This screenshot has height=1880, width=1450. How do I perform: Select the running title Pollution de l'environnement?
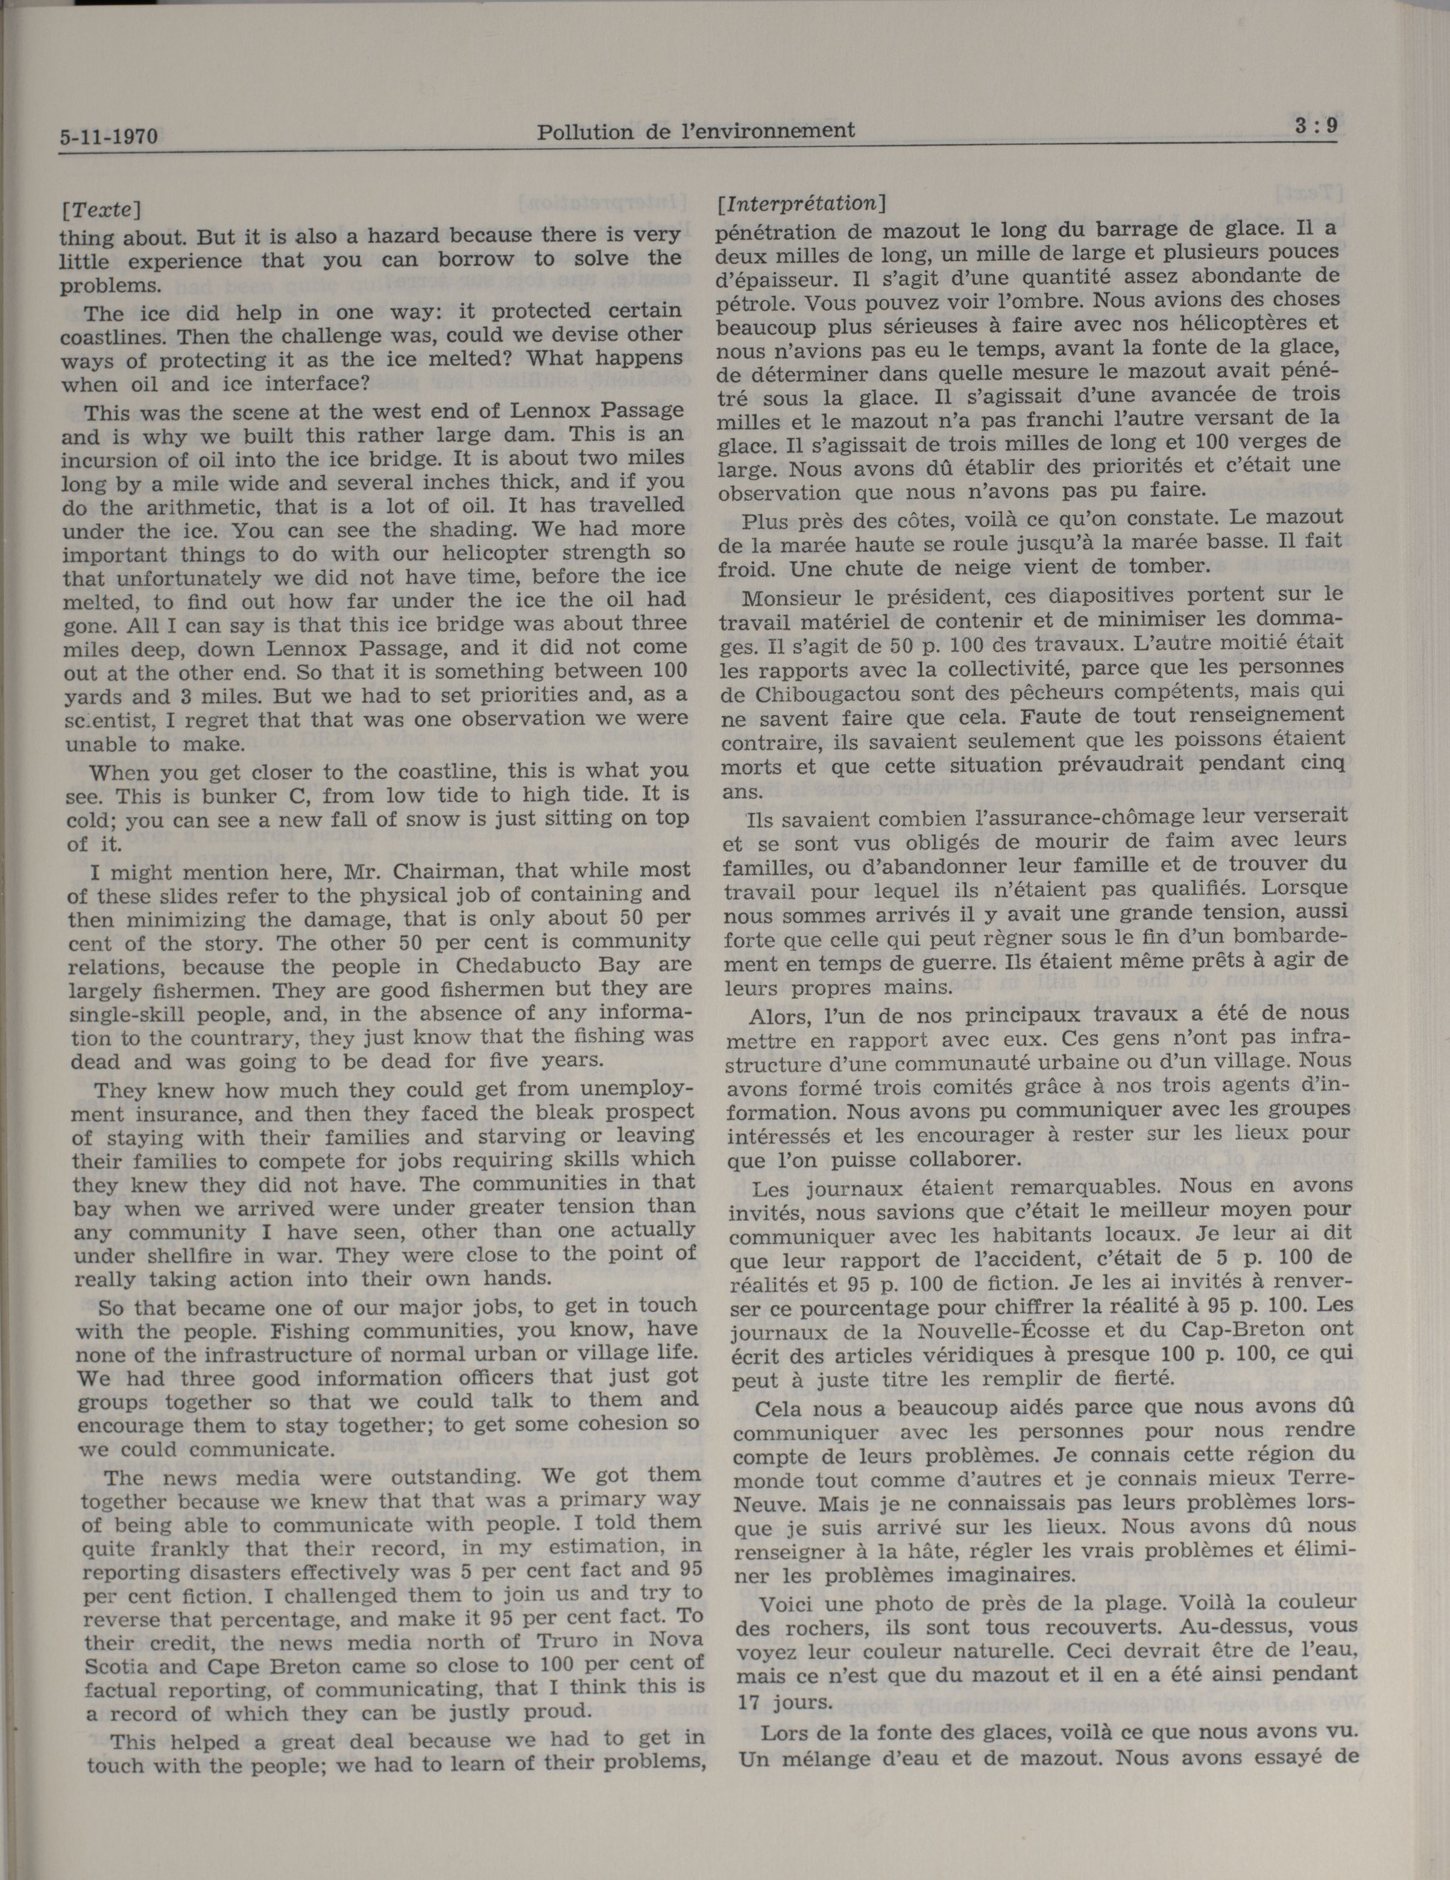[x=696, y=131]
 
